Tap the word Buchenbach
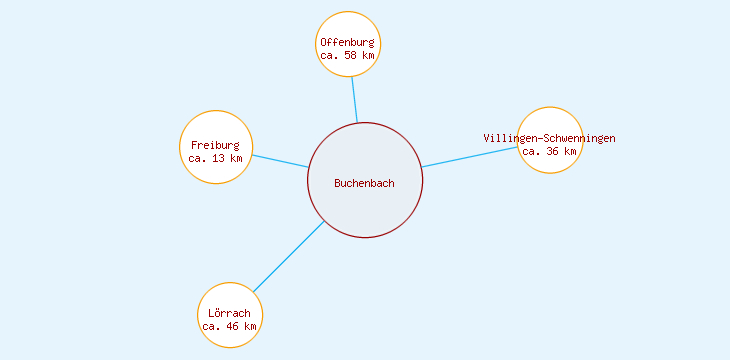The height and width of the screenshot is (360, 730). click(364, 183)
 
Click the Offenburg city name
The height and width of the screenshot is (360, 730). click(347, 42)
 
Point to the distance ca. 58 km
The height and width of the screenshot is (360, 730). click(347, 56)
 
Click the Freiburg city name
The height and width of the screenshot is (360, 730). click(215, 145)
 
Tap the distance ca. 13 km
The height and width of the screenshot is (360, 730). click(215, 158)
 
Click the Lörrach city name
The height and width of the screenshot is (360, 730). click(229, 313)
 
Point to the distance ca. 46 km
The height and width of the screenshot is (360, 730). click(229, 326)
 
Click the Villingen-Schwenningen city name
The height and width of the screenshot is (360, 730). click(549, 138)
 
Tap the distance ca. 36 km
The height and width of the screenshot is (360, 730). click(549, 152)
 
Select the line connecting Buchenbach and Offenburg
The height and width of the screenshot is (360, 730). click(355, 100)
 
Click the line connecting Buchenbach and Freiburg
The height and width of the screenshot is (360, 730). click(280, 161)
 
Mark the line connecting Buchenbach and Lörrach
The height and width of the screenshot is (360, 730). click(288, 256)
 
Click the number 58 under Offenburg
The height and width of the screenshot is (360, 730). click(350, 56)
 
